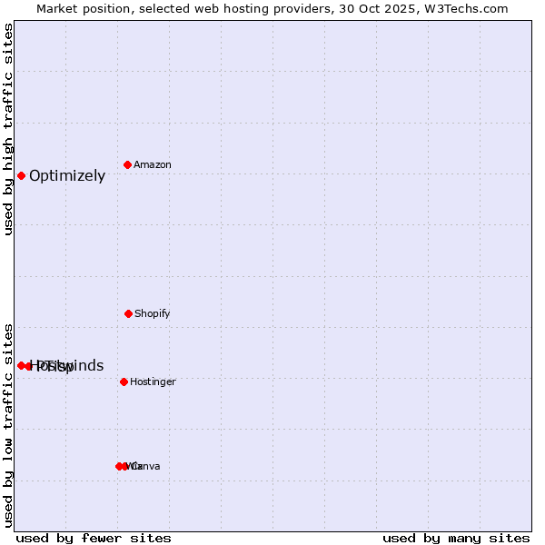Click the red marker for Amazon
(127, 164)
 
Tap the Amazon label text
(153, 164)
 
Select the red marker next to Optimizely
(21, 175)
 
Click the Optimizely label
(67, 176)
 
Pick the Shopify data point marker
(128, 313)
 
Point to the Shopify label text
(153, 313)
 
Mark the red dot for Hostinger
(124, 381)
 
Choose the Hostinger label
(153, 381)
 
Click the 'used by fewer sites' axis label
(94, 538)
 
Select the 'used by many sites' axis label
(456, 538)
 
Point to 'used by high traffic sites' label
(9, 129)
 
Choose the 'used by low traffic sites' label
(9, 424)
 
